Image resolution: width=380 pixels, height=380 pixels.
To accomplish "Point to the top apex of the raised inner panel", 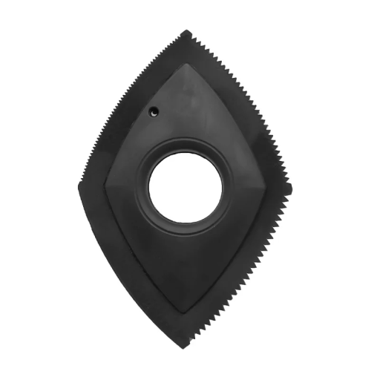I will (187, 64).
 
